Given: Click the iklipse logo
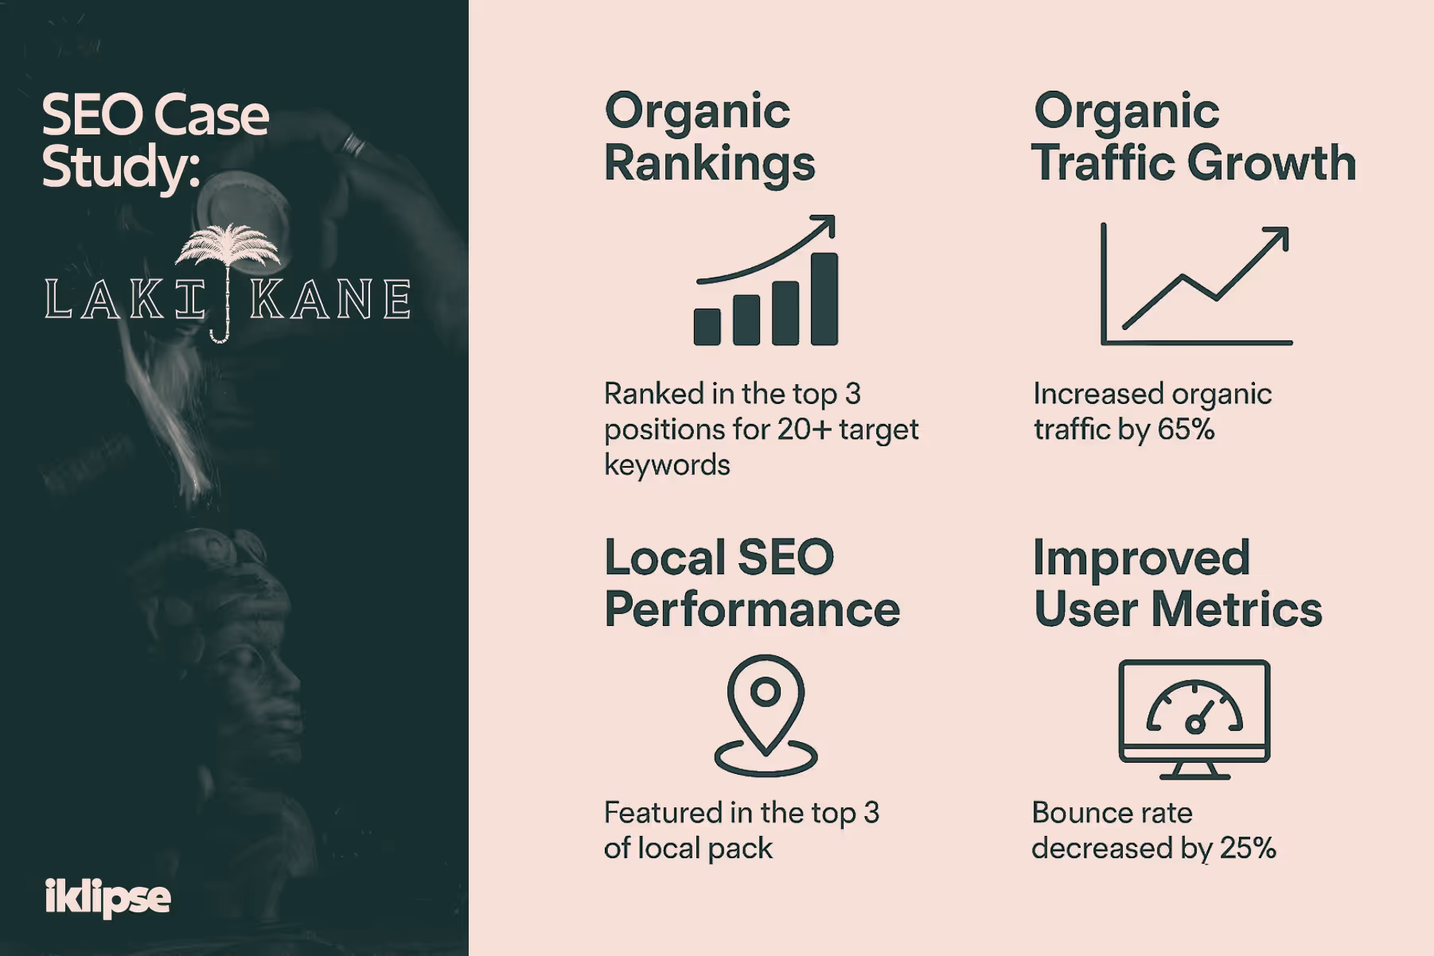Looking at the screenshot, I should tap(107, 897).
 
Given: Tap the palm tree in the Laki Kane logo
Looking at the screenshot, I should tap(228, 247).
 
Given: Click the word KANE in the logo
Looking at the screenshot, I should tap(330, 300).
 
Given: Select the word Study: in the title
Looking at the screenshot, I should tap(121, 167).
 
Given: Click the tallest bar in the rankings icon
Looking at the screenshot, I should tap(824, 299).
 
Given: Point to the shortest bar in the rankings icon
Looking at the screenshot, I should tap(707, 326).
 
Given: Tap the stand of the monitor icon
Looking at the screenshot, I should tap(1194, 771).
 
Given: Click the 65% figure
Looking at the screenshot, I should tap(1186, 429).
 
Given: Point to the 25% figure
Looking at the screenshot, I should tap(1248, 848).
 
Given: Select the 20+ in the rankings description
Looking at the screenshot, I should tap(804, 429).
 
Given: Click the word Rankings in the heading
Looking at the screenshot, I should tap(710, 164).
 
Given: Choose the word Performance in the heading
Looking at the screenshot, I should tap(752, 610).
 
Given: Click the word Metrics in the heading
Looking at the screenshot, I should tap(1237, 610).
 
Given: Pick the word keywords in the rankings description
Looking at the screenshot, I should tap(667, 465).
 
